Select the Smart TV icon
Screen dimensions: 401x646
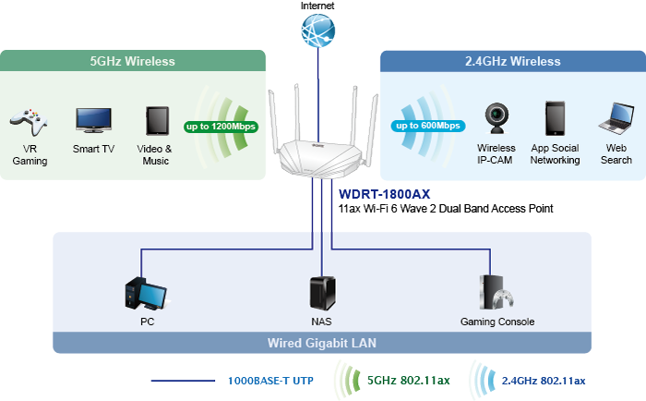pyautogui.click(x=93, y=119)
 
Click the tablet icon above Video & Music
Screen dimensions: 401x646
pyautogui.click(x=155, y=120)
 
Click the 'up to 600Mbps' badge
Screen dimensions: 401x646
pyautogui.click(x=428, y=126)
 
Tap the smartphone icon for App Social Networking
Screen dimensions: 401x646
pyautogui.click(x=555, y=118)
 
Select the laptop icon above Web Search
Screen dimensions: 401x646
pyautogui.click(x=616, y=118)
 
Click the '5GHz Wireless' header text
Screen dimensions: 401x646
pyautogui.click(x=132, y=62)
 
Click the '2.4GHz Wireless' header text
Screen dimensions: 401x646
pyautogui.click(x=512, y=62)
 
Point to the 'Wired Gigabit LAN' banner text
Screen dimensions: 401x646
pyautogui.click(x=322, y=343)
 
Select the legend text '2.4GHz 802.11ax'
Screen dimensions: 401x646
pyautogui.click(x=544, y=381)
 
